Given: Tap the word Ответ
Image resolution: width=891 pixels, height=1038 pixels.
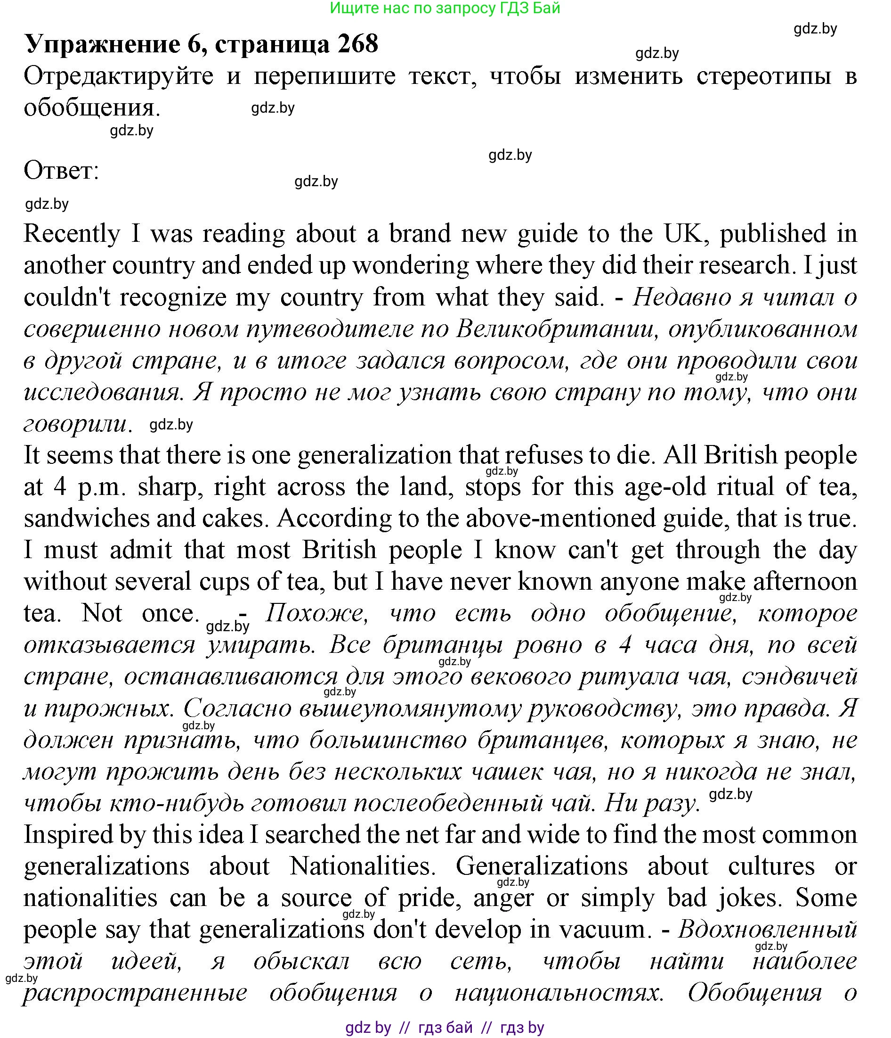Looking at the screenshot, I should [61, 171].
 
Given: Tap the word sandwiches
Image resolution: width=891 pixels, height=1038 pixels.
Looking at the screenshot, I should [87, 519].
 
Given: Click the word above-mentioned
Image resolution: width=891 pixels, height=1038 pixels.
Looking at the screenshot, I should [560, 519].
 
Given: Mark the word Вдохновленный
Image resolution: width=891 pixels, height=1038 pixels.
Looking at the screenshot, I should [768, 929].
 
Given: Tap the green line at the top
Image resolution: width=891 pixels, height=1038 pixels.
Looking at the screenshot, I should [445, 8].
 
